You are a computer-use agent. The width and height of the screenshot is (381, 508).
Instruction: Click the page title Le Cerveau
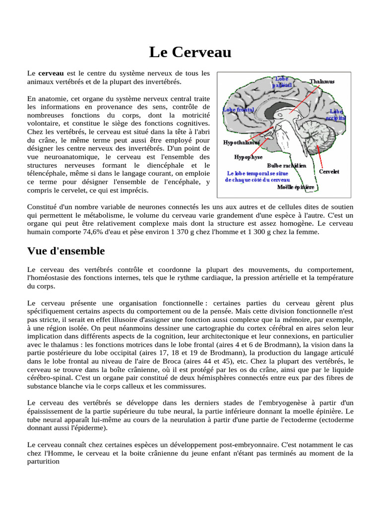click(x=190, y=52)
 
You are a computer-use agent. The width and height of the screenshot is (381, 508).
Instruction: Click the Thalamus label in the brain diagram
click(x=322, y=81)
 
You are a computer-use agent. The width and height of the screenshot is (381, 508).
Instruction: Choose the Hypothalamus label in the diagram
click(x=242, y=142)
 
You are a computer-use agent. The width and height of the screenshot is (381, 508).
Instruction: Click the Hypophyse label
click(x=249, y=156)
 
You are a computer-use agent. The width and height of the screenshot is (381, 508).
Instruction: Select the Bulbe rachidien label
click(x=286, y=165)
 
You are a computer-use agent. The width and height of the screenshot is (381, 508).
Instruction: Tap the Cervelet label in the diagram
click(x=329, y=171)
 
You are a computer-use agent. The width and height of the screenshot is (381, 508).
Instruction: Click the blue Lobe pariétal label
click(x=281, y=82)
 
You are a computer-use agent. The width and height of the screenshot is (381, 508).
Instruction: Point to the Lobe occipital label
click(x=336, y=115)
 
